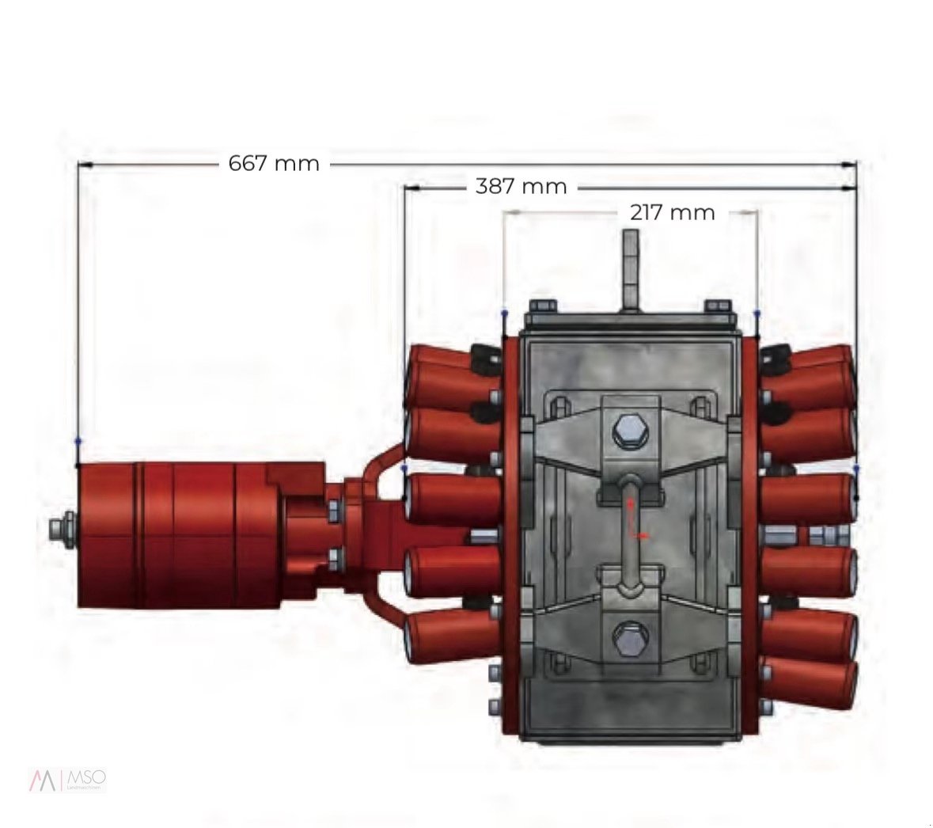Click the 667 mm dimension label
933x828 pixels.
pos(274,163)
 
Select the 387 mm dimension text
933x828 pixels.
pos(521,187)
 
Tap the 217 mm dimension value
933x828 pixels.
pos(672,212)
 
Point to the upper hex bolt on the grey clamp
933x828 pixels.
pos(630,432)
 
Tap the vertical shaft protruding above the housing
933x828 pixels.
pos(630,269)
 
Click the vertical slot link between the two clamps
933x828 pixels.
pos(630,534)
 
